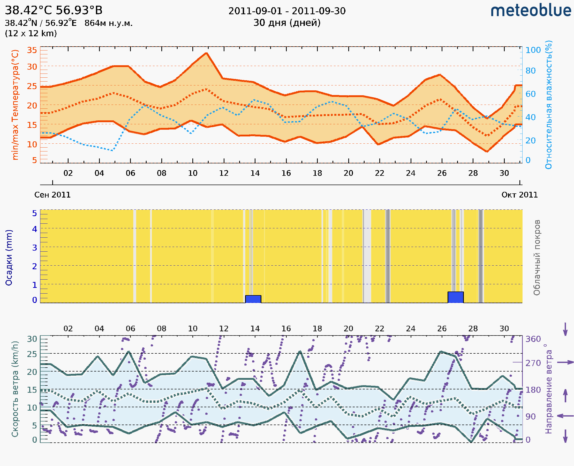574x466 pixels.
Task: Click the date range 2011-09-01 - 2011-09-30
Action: click(x=287, y=11)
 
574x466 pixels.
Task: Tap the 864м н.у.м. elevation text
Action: click(x=108, y=23)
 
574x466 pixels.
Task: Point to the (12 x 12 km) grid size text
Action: click(x=31, y=34)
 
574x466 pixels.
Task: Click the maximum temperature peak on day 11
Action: click(x=206, y=53)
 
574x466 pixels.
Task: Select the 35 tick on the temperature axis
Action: click(x=32, y=50)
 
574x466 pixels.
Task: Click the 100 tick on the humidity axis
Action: click(x=533, y=50)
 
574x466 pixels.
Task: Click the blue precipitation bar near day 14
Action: click(x=253, y=299)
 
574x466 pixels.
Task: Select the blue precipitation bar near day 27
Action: click(x=456, y=297)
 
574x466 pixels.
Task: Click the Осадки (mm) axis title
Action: click(x=9, y=258)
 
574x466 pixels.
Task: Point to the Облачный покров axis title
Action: click(x=537, y=258)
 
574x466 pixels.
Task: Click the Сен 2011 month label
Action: click(x=52, y=195)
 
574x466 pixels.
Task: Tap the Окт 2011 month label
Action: click(x=520, y=195)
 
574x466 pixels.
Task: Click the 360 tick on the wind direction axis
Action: click(x=533, y=339)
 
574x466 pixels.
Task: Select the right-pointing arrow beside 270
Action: click(x=565, y=362)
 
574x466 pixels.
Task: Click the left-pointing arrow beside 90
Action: click(x=565, y=416)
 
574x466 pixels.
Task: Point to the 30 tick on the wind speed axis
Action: click(x=32, y=339)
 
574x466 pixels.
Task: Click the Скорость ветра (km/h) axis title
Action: click(x=15, y=389)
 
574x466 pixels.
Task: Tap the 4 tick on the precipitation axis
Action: click(x=35, y=229)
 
